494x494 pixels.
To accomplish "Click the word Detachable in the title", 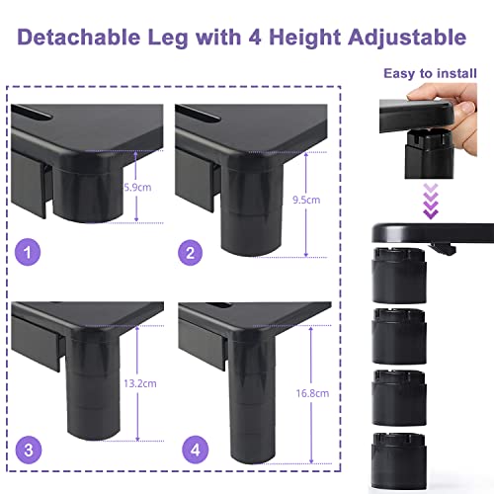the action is pos(79,37).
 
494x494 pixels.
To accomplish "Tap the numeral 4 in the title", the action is pos(255,37).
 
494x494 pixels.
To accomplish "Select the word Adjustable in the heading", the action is pos(407,39).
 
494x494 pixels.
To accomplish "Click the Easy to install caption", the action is pos(430,73).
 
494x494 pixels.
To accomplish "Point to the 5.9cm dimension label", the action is pos(137,188).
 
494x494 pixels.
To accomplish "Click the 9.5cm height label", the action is pos(306,200).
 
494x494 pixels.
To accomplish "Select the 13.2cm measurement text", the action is pos(140,383).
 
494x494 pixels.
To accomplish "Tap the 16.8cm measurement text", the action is pos(312,393).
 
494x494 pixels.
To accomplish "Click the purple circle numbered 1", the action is pos(28,252).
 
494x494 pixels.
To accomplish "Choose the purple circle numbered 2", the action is pos(190,253).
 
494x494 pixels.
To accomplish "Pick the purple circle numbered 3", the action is pos(29,450).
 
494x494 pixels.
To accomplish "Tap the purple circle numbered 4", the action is pos(196,450).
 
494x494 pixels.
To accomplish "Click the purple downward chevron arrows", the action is pos(431,201).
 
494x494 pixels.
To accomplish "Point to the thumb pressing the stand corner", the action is pos(465,112).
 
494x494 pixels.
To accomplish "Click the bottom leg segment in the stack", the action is pos(399,460).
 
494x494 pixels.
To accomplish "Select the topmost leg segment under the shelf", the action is pos(399,276).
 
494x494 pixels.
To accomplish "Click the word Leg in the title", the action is pos(168,39).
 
